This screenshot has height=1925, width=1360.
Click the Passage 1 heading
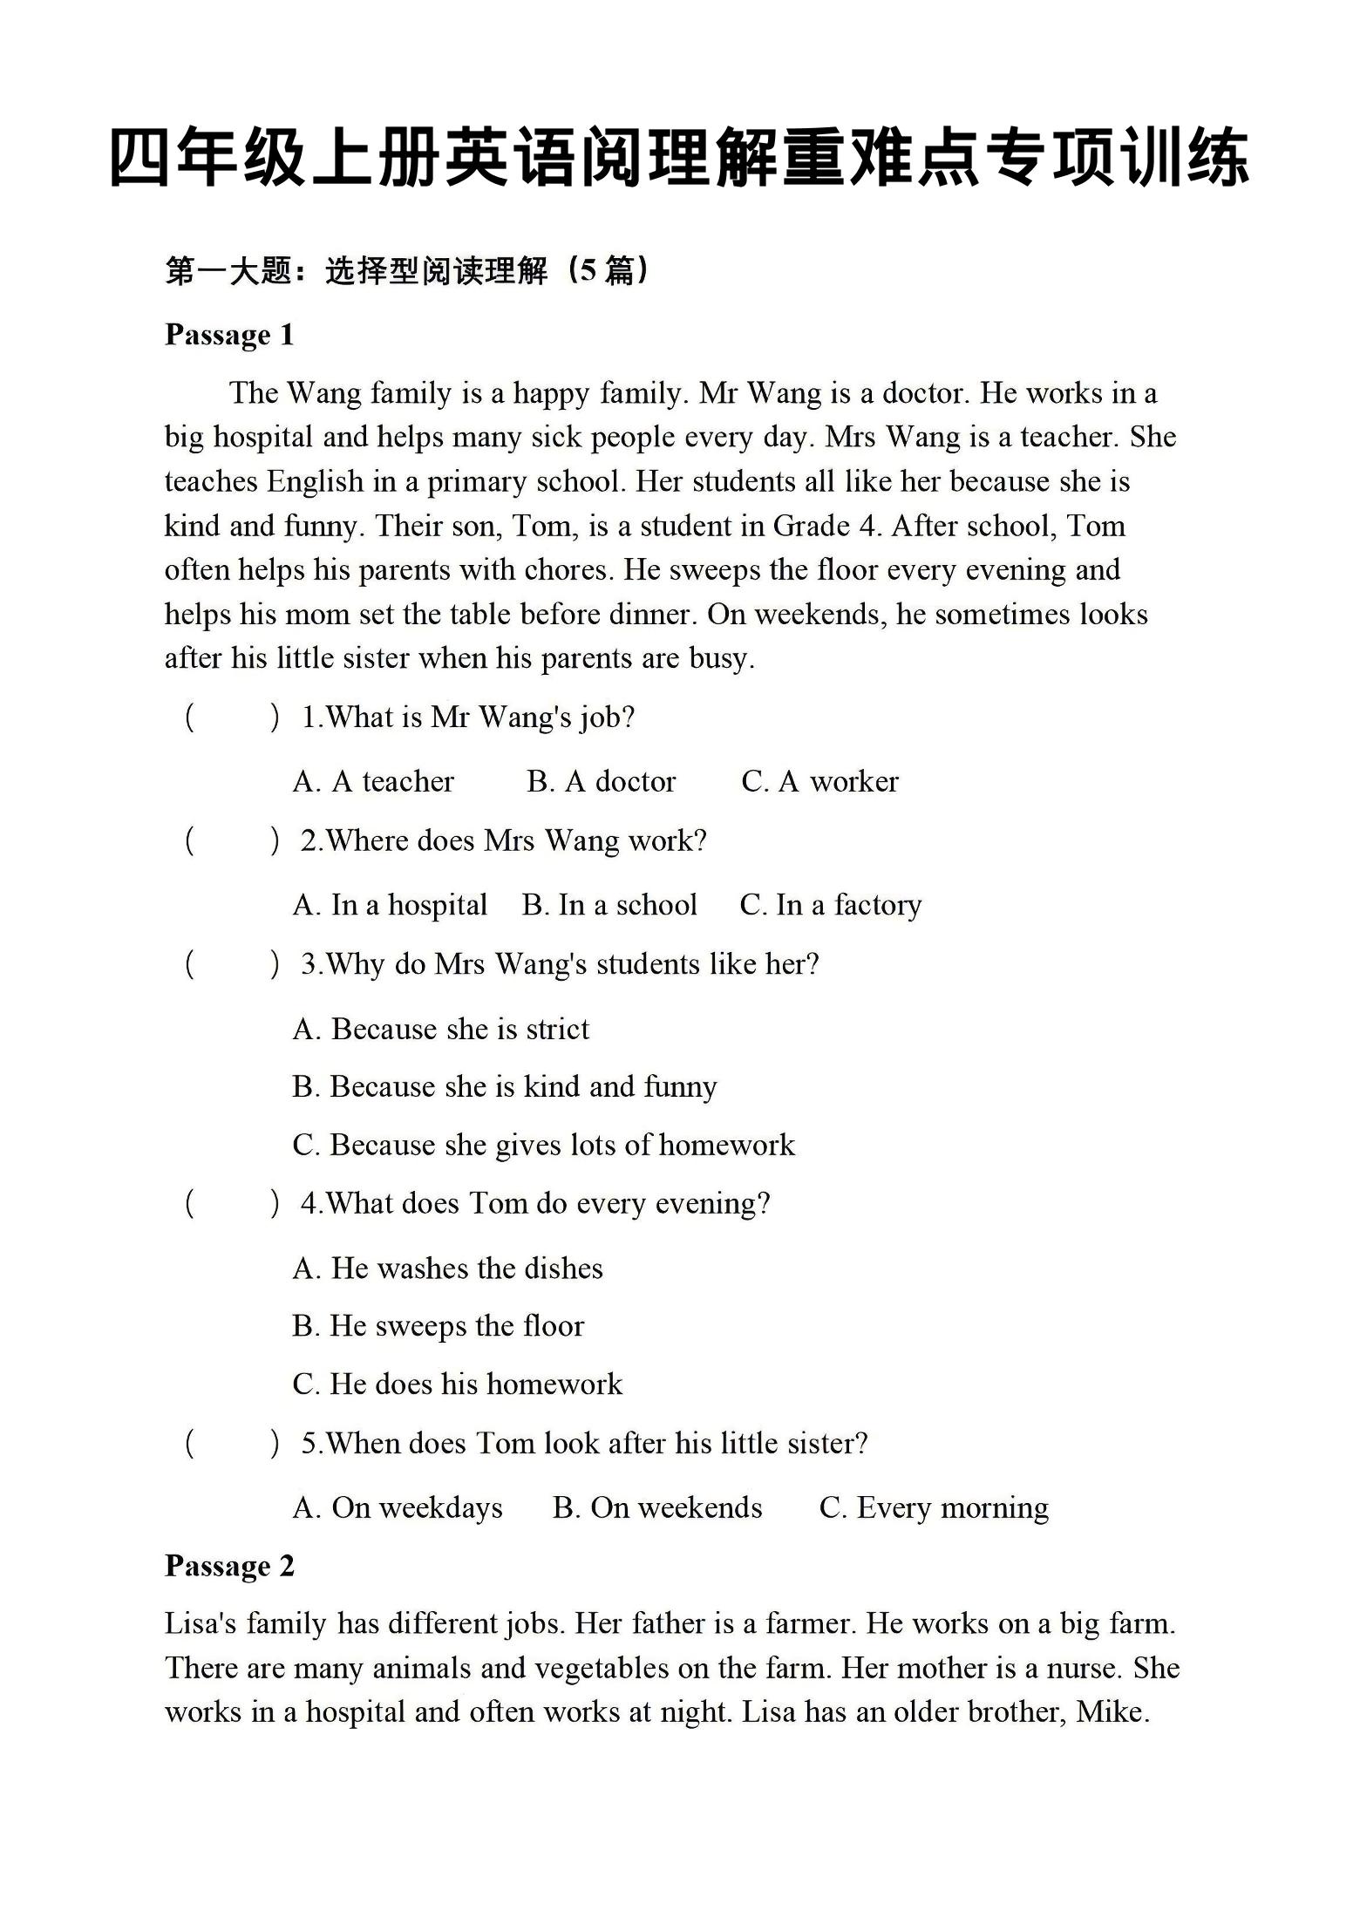pyautogui.click(x=229, y=335)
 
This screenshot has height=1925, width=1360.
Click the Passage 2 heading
pyautogui.click(x=229, y=1566)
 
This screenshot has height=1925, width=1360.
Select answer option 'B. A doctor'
pyautogui.click(x=601, y=781)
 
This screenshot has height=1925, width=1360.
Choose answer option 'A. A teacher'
pyautogui.click(x=373, y=781)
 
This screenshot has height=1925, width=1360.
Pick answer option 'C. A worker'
pyautogui.click(x=819, y=781)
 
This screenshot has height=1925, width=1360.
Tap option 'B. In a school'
pyautogui.click(x=609, y=905)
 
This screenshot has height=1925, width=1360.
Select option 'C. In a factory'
pyautogui.click(x=830, y=905)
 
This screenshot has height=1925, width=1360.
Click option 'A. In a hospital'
pyautogui.click(x=390, y=905)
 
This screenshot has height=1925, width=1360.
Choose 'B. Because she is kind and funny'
pyautogui.click(x=505, y=1087)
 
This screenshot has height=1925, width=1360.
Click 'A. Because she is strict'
pyautogui.click(x=441, y=1029)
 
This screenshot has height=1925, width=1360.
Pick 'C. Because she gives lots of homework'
pyautogui.click(x=544, y=1145)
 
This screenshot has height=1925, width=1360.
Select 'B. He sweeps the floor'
pyautogui.click(x=438, y=1326)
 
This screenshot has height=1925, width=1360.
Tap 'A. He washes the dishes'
pyautogui.click(x=448, y=1268)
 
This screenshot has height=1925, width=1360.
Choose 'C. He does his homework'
pyautogui.click(x=458, y=1384)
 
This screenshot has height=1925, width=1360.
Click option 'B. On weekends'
pyautogui.click(x=657, y=1507)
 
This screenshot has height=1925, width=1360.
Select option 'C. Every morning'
pyautogui.click(x=934, y=1507)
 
